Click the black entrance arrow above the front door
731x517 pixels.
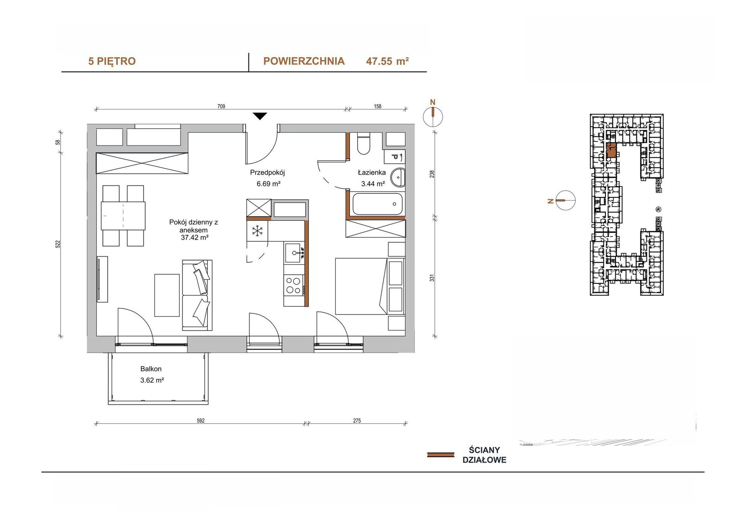260,116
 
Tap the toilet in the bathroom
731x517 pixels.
363,144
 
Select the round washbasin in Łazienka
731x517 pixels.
398,177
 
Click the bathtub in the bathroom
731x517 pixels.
377,204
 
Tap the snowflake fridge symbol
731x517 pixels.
258,231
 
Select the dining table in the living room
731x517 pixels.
123,216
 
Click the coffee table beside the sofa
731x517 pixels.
167,295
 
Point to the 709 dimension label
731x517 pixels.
221,106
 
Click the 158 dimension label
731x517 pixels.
377,106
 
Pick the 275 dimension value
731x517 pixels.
357,421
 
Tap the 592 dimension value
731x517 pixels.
201,421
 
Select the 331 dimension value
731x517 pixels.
432,278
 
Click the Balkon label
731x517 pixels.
151,369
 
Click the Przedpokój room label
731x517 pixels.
268,172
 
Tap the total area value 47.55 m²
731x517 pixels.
387,61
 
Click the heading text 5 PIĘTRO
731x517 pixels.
112,61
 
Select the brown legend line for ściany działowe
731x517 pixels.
440,455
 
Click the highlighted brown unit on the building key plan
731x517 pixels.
611,151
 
